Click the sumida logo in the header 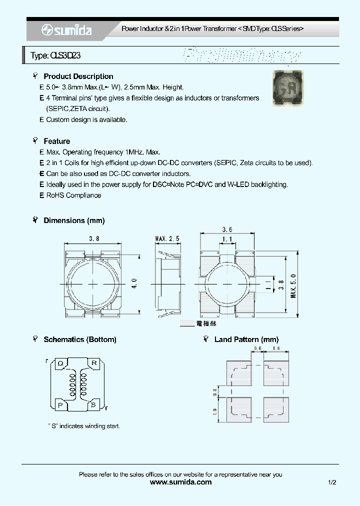[x=66, y=30]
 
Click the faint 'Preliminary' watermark [x=242, y=55]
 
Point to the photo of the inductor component [x=289, y=88]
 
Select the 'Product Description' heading [x=78, y=76]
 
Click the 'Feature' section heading [x=57, y=141]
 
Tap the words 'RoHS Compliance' [x=73, y=195]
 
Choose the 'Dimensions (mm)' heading [x=74, y=220]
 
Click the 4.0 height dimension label [x=134, y=284]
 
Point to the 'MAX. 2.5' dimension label [x=167, y=239]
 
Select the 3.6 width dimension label [x=227, y=229]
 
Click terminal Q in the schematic [x=60, y=363]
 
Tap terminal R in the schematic [x=93, y=363]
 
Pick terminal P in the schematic [x=60, y=405]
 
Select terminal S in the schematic [x=93, y=405]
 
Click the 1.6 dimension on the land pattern [x=276, y=348]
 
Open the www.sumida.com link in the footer [x=180, y=482]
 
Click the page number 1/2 [x=332, y=482]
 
